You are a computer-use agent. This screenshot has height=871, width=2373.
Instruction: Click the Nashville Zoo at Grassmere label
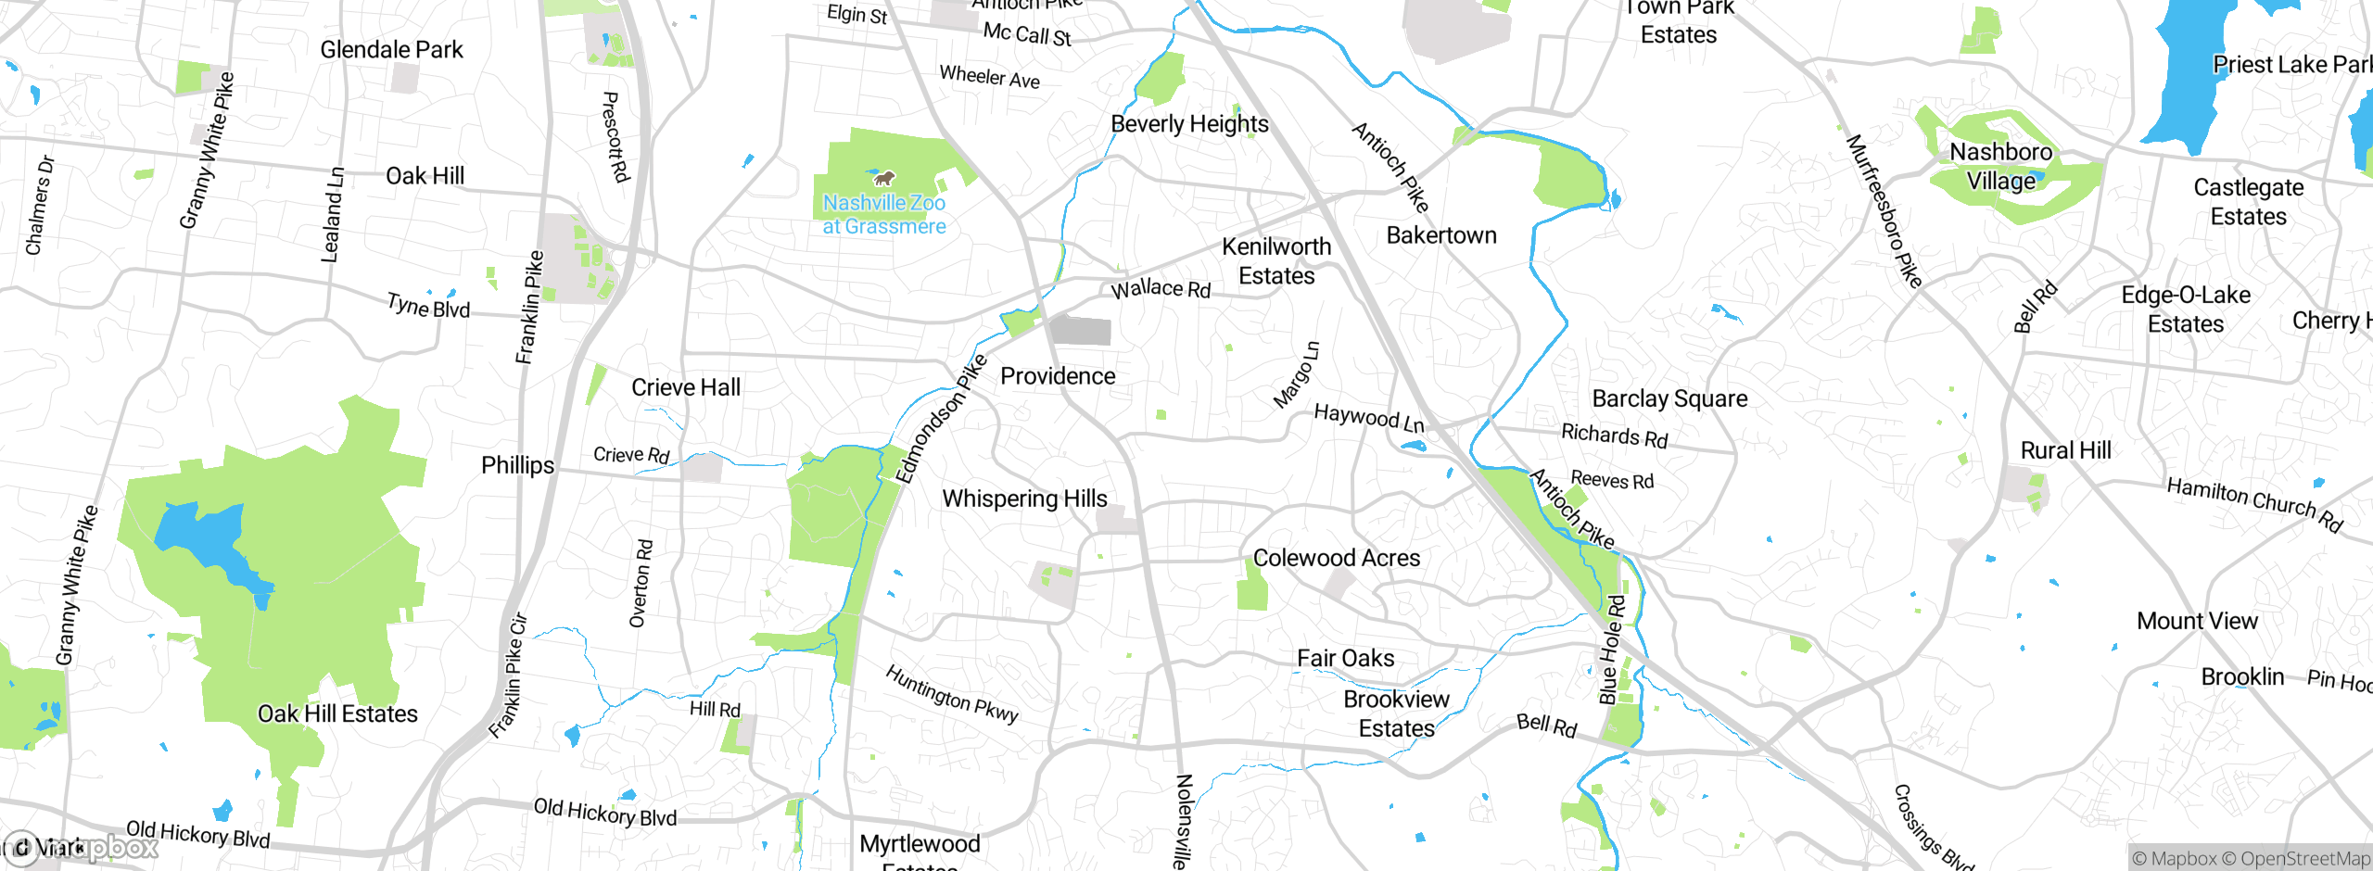coord(884,214)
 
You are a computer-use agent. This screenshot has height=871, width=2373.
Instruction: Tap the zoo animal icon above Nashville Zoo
coord(883,177)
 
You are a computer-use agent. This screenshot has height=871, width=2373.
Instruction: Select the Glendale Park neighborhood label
coord(391,50)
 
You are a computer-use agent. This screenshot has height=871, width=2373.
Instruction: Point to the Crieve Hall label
coord(686,387)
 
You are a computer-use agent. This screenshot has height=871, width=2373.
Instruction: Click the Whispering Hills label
coord(1024,499)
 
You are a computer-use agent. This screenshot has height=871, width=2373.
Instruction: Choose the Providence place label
coord(1058,376)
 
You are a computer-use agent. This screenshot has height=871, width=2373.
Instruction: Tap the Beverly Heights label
coord(1189,124)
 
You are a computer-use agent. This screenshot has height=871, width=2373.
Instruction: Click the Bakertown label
coord(1441,235)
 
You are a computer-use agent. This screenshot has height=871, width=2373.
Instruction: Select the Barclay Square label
coord(1669,398)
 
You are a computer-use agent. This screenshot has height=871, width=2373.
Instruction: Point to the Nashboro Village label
coord(2001,166)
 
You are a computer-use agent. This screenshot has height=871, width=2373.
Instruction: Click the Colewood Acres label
coord(1336,558)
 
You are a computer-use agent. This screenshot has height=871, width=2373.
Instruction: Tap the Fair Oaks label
coord(1345,658)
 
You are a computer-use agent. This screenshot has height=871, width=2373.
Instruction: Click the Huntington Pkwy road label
coord(952,693)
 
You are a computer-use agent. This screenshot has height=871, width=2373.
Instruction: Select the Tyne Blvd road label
coord(428,305)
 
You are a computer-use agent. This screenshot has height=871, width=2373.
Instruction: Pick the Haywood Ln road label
coord(1369,418)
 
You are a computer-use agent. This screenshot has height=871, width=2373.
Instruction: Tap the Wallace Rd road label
coord(1161,288)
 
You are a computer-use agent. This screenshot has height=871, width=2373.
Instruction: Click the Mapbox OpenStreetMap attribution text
coord(2251,858)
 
